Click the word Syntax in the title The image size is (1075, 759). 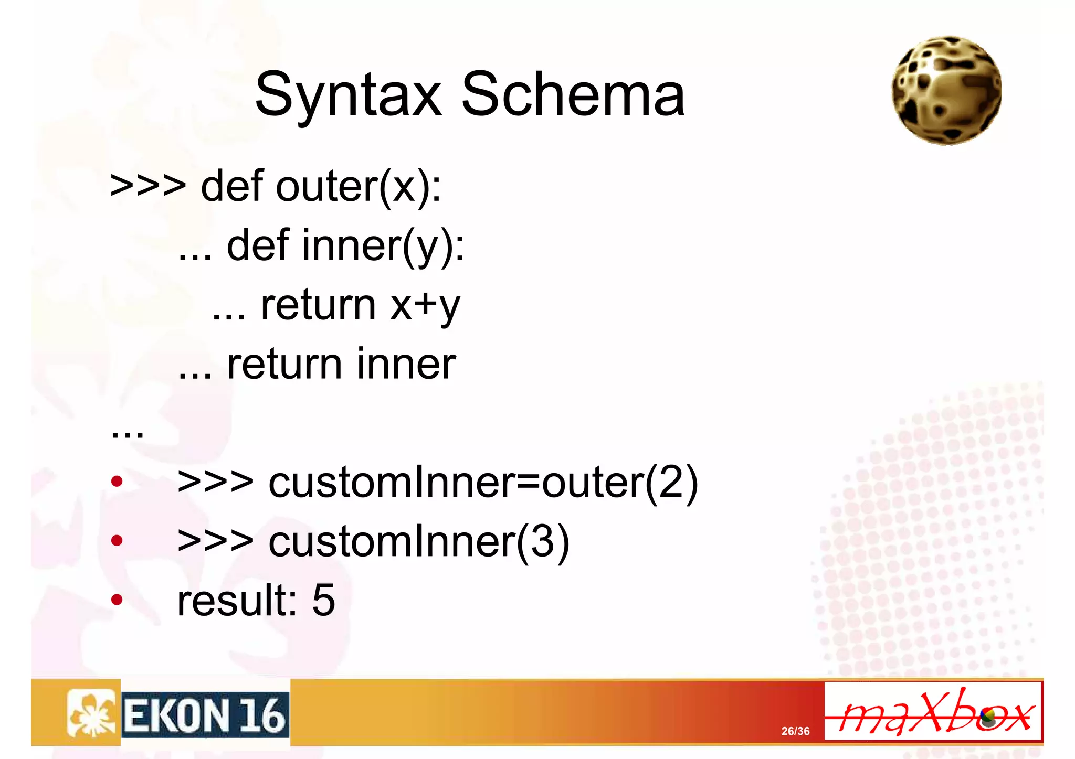(x=348, y=95)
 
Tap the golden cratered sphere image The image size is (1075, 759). (x=946, y=90)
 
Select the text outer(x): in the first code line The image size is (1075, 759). (x=359, y=186)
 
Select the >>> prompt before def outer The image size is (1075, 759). (x=148, y=186)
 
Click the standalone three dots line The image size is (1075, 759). (x=128, y=432)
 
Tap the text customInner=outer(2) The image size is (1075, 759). (x=483, y=483)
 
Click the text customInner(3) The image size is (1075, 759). (x=419, y=541)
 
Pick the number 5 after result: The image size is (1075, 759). (x=323, y=600)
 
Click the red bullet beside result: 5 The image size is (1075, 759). (x=117, y=599)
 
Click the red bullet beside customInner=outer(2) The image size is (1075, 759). (x=117, y=481)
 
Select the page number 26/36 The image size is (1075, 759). (x=795, y=731)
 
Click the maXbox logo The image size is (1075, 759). (x=933, y=711)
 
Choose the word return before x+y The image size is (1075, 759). (x=318, y=305)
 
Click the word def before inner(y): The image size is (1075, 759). (x=258, y=245)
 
